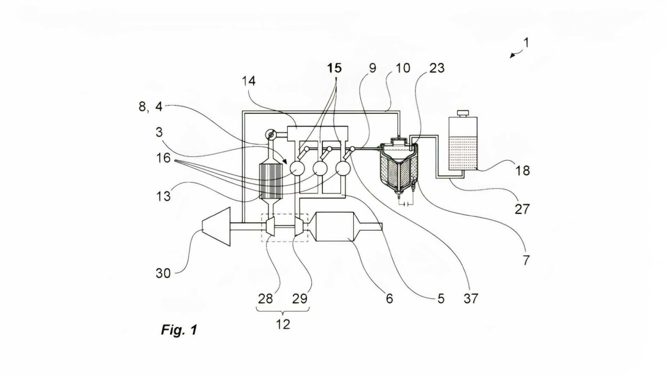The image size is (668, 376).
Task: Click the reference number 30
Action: [x=163, y=273]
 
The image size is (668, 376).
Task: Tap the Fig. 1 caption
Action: [x=179, y=330]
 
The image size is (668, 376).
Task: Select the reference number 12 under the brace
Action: [x=283, y=324]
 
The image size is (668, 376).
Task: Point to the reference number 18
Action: [x=522, y=170]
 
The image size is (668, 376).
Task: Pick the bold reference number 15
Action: [x=334, y=68]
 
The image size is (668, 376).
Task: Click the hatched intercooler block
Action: [x=271, y=181]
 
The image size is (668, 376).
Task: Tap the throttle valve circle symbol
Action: [x=270, y=134]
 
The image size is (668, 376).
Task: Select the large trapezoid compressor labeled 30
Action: [x=216, y=227]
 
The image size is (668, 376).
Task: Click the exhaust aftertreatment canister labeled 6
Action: [x=334, y=227]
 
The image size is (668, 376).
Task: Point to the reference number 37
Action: [x=471, y=298]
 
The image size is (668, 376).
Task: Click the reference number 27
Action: [x=522, y=208]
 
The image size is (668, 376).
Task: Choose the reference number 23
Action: [x=437, y=68]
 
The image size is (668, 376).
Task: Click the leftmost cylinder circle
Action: [x=297, y=168]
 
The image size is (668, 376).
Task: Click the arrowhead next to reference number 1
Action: [x=513, y=56]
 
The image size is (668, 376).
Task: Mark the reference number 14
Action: [x=248, y=81]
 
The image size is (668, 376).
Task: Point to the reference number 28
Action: [x=265, y=298]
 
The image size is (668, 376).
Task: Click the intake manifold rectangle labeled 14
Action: [x=317, y=133]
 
